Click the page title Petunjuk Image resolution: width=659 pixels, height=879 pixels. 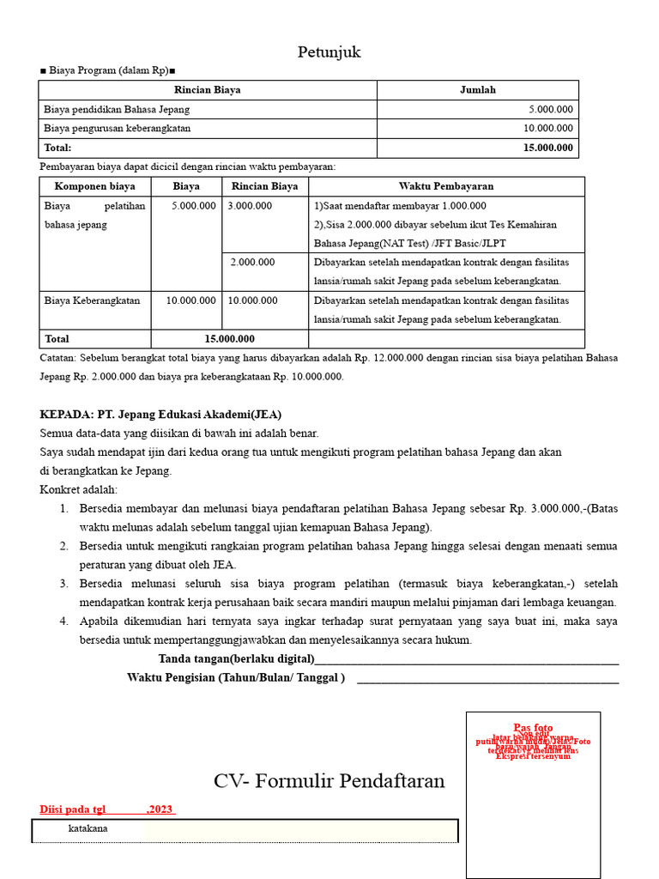(x=329, y=52)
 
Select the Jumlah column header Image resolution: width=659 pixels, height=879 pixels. (x=477, y=89)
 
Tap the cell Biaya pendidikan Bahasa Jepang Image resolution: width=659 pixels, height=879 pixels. (x=117, y=109)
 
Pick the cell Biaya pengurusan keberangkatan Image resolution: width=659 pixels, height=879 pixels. (x=118, y=128)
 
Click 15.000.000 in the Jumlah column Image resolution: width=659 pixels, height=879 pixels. (x=547, y=148)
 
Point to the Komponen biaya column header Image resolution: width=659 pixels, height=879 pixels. (x=95, y=185)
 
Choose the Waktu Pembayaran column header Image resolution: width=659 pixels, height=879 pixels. (x=445, y=185)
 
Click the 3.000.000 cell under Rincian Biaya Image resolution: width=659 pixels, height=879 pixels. (x=250, y=206)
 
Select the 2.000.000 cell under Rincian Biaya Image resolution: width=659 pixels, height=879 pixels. (x=252, y=262)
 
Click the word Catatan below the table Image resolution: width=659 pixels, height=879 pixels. (x=57, y=357)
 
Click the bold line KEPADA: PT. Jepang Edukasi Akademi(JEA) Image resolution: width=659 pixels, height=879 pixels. (x=160, y=414)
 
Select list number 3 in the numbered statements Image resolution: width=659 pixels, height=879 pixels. (x=64, y=584)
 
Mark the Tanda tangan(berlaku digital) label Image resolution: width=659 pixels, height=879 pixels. (x=236, y=659)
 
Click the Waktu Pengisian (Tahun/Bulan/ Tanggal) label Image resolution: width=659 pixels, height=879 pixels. (x=236, y=677)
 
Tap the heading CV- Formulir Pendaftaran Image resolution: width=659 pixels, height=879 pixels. (x=329, y=781)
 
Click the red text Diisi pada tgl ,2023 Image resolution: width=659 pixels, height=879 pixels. (x=107, y=809)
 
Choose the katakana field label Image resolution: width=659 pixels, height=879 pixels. (x=88, y=829)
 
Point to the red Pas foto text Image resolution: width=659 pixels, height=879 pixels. (x=533, y=728)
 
